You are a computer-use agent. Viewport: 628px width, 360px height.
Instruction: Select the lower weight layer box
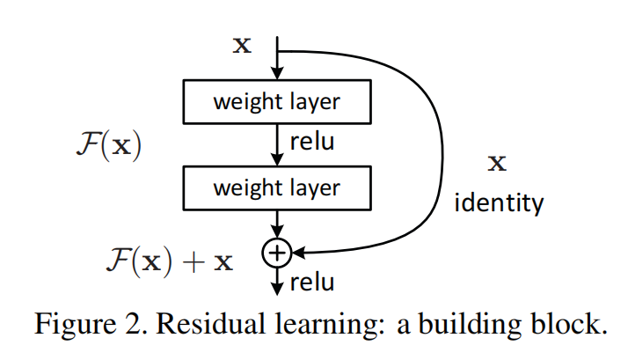tap(276, 187)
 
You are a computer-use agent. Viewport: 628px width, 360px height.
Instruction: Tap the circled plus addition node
tap(276, 253)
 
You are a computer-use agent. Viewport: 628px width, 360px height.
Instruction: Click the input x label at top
tap(241, 46)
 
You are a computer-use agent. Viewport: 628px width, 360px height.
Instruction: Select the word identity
tap(499, 204)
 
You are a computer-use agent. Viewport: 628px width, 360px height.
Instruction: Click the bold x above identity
tap(497, 163)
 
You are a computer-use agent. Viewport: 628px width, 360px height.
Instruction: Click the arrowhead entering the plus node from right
tap(297, 253)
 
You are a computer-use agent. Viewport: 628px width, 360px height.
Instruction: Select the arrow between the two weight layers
tap(277, 144)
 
